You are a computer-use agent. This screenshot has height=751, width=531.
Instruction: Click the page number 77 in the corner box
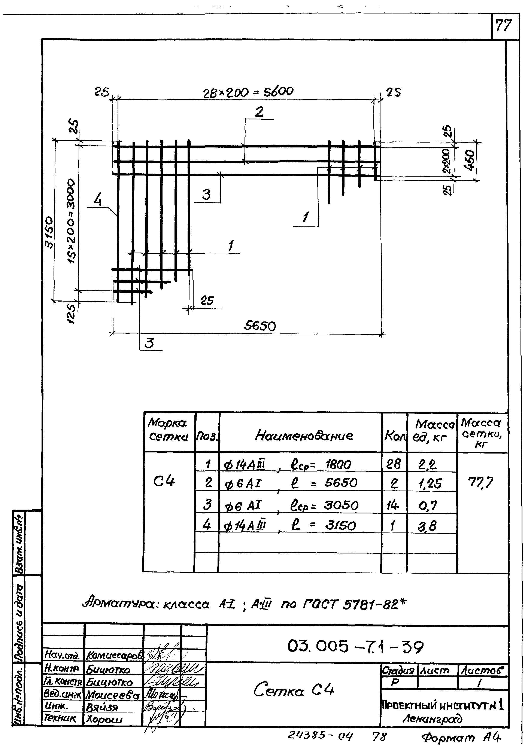tap(504, 25)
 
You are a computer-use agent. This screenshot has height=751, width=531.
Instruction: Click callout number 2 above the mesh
tap(259, 112)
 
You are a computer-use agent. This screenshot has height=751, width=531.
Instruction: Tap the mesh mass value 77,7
tap(481, 482)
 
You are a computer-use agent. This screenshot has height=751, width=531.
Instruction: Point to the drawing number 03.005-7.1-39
tap(355, 646)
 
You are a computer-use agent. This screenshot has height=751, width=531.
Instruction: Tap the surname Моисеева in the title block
tap(112, 695)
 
